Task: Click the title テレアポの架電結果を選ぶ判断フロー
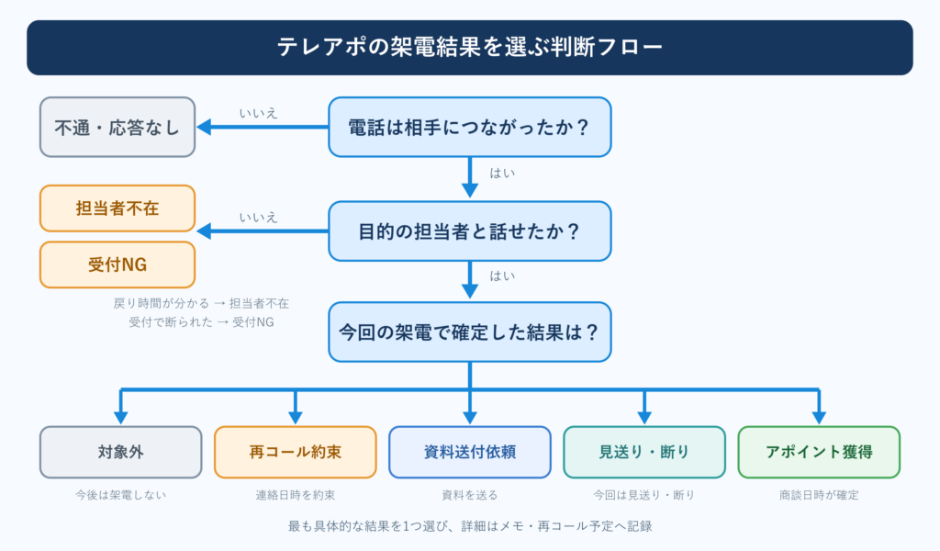tap(469, 48)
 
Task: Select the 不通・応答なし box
tap(117, 127)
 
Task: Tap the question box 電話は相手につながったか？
tap(470, 127)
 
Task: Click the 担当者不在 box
tap(117, 208)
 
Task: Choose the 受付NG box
tap(117, 264)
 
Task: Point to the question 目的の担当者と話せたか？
tap(470, 231)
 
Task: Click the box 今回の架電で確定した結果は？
tap(470, 332)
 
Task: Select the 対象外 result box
tap(121, 452)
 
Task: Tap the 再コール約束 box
tap(296, 452)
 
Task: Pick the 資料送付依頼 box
tap(470, 452)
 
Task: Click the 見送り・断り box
tap(644, 452)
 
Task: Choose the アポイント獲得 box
tap(819, 452)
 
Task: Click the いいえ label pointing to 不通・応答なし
tap(258, 113)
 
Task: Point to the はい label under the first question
tap(502, 174)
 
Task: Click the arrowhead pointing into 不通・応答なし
tap(204, 127)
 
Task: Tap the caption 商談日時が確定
tap(819, 495)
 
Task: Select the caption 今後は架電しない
tap(120, 495)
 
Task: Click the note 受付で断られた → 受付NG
tap(201, 322)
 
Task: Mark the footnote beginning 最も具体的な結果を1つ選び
tap(470, 526)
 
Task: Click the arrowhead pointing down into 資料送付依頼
tap(470, 417)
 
